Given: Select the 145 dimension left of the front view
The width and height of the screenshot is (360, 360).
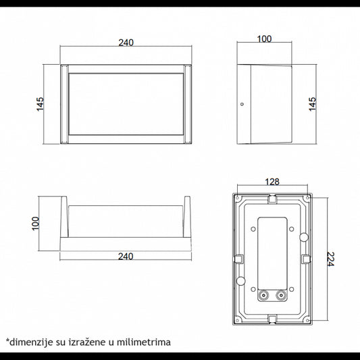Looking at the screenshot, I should pyautogui.click(x=41, y=105).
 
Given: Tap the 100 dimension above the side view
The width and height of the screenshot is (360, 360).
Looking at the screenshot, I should pyautogui.click(x=264, y=38).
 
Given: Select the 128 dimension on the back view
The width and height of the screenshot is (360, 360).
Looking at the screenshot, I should pyautogui.click(x=274, y=182).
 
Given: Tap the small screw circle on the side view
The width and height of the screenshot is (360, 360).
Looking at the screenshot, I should pyautogui.click(x=242, y=105).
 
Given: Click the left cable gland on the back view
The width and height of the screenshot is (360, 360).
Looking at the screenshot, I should pyautogui.click(x=261, y=295).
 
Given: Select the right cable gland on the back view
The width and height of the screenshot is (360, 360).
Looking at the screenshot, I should pyautogui.click(x=280, y=295).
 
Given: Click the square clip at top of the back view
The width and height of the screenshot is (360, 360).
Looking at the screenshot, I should pyautogui.click(x=272, y=199).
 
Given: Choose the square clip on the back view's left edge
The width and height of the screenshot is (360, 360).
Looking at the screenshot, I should pyautogui.click(x=237, y=257).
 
